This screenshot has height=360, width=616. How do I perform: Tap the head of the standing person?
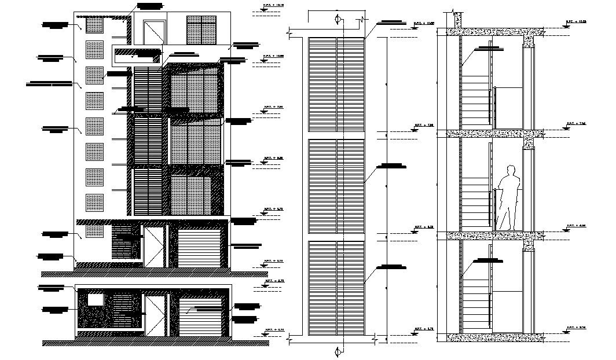click(x=510, y=170)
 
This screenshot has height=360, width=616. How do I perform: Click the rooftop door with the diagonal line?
click(x=153, y=32)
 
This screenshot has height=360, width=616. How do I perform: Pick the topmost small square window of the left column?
click(x=94, y=24)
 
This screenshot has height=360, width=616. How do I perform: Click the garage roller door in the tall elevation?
click(x=200, y=248)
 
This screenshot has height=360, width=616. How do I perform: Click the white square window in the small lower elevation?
click(x=95, y=299)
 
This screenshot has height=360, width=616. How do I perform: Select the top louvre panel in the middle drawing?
click(x=336, y=85)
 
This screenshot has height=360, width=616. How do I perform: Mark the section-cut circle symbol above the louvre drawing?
click(x=339, y=20)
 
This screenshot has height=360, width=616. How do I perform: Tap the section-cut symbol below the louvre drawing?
click(x=339, y=350)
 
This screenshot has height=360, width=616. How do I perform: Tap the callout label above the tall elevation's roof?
click(x=150, y=6)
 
